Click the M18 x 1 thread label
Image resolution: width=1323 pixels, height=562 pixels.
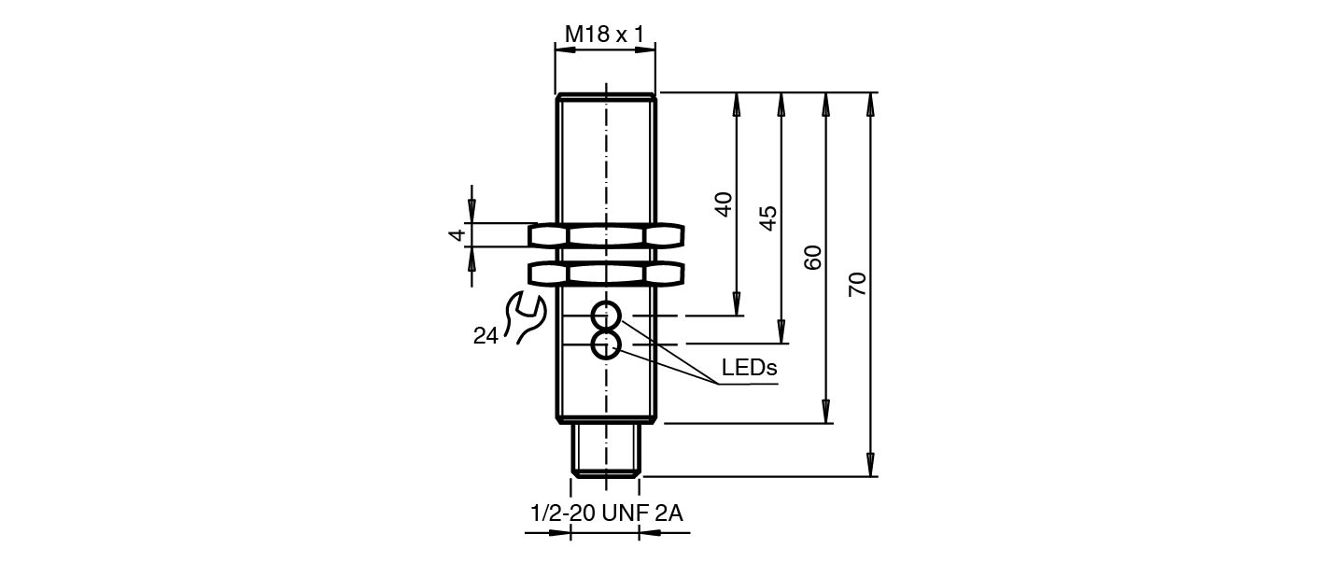tap(604, 35)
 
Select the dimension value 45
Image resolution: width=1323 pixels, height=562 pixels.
tap(767, 218)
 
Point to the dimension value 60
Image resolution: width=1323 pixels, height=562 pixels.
tap(813, 257)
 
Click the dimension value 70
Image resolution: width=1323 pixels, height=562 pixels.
tap(858, 284)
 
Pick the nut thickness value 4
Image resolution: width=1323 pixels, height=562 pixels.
tap(457, 235)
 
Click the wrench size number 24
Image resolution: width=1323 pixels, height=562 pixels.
tap(486, 336)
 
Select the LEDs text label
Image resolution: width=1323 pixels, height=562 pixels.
tap(749, 368)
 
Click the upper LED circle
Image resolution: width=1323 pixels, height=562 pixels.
tap(605, 316)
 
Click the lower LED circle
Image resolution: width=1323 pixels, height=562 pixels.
tap(605, 345)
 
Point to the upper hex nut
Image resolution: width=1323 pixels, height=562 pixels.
tap(605, 235)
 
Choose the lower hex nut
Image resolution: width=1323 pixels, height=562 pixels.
tap(605, 273)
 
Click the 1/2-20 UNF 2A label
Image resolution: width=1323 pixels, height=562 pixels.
tap(607, 513)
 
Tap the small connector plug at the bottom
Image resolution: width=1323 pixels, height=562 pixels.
tap(605, 450)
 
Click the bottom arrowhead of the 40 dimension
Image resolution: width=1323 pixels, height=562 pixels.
tap(737, 304)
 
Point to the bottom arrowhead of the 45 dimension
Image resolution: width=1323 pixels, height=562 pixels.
tap(781, 331)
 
